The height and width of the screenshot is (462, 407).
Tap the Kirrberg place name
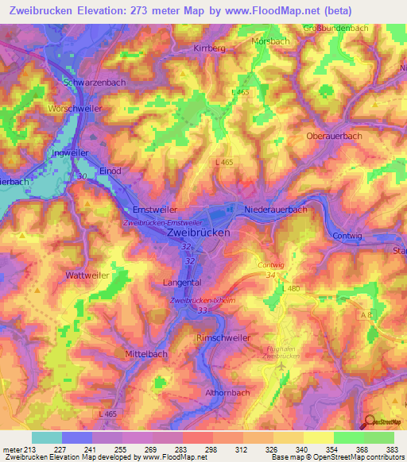point(210,48)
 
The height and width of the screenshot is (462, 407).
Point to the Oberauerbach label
point(334,136)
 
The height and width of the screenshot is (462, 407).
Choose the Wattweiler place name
point(87,275)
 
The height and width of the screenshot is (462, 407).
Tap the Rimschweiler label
point(223,338)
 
